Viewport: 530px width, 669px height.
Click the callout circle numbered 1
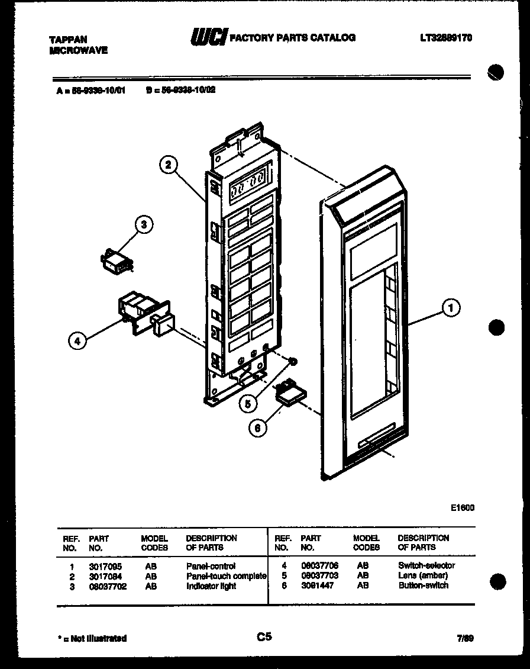451,307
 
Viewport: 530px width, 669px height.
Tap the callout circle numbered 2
169,166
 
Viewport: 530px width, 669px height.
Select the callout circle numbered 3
143,224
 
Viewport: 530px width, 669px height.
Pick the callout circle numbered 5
248,403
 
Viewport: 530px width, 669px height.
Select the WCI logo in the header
208,37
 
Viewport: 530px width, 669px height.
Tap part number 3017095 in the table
105,566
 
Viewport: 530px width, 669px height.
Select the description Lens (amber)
423,575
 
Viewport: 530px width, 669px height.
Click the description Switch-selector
426,566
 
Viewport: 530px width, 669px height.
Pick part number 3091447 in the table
317,586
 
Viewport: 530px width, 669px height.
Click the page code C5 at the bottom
264,637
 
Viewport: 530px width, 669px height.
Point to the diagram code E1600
462,507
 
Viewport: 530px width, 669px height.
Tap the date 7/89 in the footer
465,638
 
